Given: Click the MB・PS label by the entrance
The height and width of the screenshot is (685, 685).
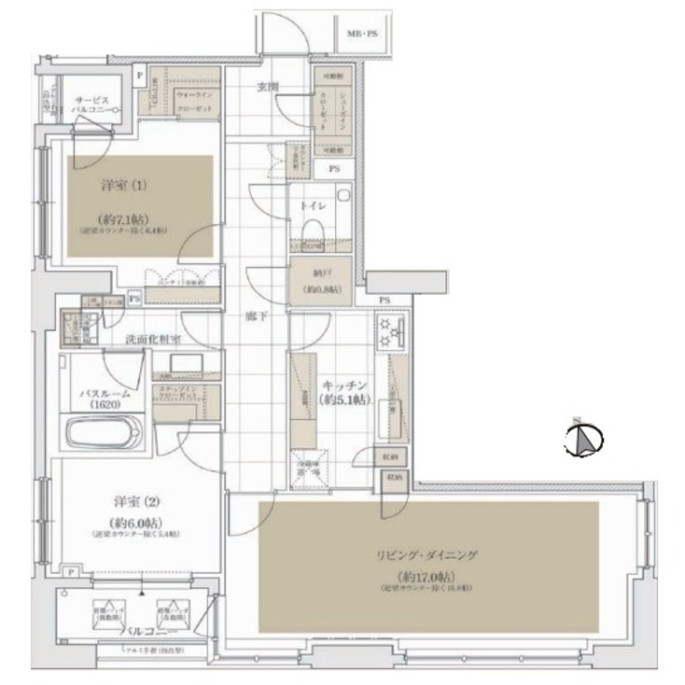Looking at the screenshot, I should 363,35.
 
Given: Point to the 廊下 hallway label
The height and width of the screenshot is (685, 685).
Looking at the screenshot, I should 256,317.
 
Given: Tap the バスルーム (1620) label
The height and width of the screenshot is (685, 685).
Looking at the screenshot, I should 105,400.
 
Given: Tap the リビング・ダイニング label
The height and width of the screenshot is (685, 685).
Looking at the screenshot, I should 435,554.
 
